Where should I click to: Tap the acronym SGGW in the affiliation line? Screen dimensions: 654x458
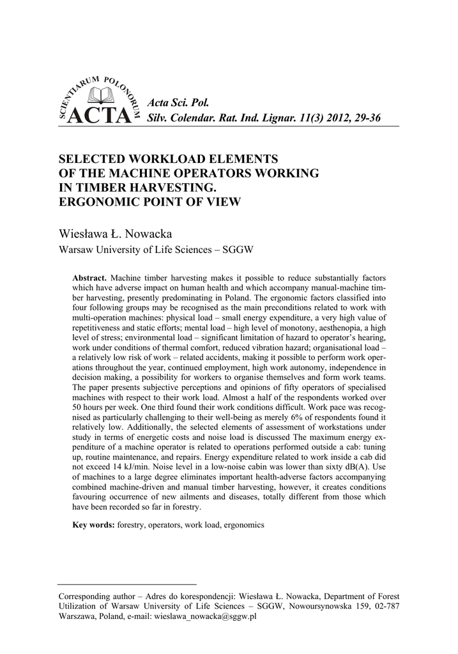[237, 250]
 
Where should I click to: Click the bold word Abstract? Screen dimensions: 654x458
[89, 279]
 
